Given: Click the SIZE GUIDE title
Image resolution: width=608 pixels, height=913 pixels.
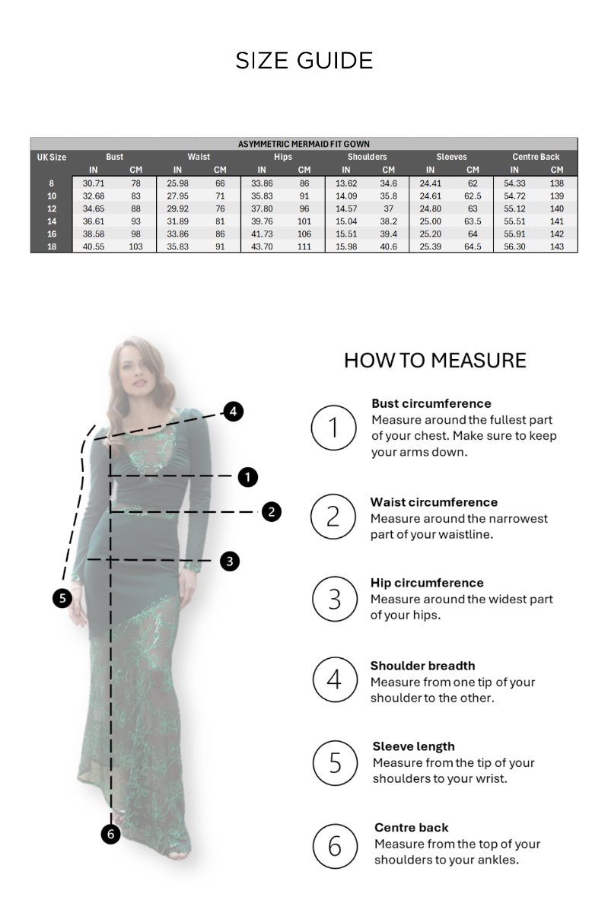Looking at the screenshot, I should click(304, 61).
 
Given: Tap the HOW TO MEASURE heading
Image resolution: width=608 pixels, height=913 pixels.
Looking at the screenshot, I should click(435, 360).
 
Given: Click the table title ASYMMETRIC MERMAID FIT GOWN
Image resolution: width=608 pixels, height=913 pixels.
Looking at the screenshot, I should click(304, 144).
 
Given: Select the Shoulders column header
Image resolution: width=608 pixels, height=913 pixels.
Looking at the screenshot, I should click(367, 157).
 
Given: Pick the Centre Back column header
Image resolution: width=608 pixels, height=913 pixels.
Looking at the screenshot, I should click(536, 157).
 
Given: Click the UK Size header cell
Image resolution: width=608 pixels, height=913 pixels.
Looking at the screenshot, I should click(52, 157).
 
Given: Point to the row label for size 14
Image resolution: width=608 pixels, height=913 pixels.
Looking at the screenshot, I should click(52, 221).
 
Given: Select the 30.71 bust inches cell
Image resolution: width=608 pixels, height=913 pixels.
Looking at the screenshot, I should click(94, 183).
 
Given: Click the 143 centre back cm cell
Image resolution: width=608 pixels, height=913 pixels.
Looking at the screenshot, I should click(557, 247).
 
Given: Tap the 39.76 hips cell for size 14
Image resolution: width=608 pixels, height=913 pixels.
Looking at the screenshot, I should click(262, 221).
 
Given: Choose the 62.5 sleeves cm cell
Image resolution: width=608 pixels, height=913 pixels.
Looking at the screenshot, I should click(473, 196).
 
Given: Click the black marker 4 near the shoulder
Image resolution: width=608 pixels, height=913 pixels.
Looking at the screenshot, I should click(233, 412).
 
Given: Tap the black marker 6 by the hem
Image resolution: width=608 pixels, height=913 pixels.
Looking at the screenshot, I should click(110, 834).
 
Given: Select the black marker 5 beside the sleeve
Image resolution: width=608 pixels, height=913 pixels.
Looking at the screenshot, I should click(62, 598).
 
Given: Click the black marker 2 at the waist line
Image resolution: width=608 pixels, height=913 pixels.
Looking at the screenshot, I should click(272, 512).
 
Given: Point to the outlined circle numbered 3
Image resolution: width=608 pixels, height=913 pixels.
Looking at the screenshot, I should click(335, 599).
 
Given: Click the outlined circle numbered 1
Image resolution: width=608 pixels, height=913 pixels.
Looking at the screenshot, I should click(333, 428).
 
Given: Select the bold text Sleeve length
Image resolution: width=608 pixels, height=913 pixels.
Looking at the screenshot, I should click(413, 746).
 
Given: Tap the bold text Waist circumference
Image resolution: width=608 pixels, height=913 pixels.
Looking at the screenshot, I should click(434, 502).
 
